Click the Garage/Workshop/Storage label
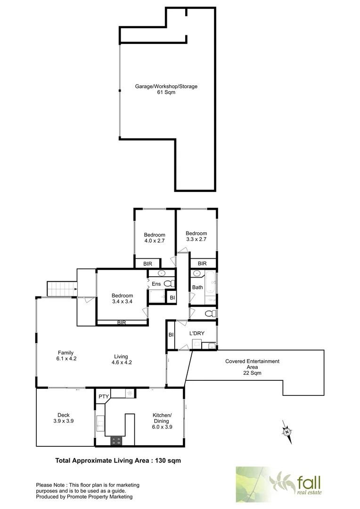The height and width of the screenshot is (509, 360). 166,86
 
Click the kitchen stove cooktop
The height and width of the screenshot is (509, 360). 116,441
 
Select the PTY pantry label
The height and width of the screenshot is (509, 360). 103,396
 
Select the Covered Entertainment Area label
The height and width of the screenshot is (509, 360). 252,367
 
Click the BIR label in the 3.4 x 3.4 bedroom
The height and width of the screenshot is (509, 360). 122,322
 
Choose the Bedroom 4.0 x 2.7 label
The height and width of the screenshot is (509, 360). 155,238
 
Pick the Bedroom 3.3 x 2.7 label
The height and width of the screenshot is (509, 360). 196,236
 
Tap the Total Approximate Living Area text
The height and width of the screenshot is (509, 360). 118,460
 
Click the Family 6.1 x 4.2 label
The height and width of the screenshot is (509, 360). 65,356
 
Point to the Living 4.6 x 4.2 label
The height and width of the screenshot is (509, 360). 121,360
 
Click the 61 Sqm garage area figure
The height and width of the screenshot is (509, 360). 166,92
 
